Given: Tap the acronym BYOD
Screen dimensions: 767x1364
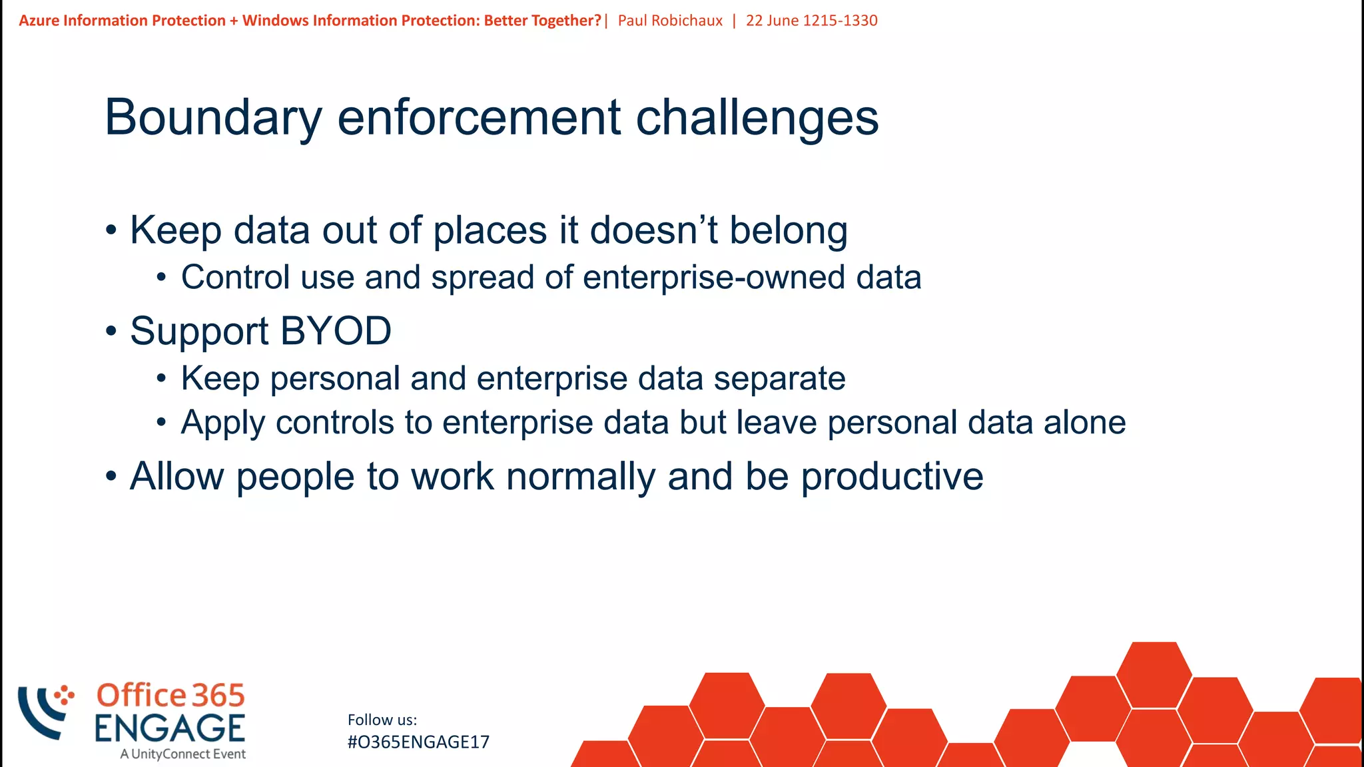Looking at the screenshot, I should pyautogui.click(x=336, y=331).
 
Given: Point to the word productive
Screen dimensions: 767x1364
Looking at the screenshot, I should pyautogui.click(x=892, y=477).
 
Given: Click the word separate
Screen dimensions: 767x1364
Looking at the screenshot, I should pyautogui.click(x=779, y=379).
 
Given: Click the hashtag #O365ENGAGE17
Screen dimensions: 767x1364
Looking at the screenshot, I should pyautogui.click(x=418, y=742).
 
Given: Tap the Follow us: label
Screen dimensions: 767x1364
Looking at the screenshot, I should pyautogui.click(x=382, y=720).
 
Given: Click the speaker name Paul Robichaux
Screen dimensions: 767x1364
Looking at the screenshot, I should pyautogui.click(x=670, y=21).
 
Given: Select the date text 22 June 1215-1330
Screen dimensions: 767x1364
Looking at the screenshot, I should pyautogui.click(x=811, y=21).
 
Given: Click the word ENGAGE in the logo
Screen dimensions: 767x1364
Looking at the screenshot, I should pyautogui.click(x=170, y=728).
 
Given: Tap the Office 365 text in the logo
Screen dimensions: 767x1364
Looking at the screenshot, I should pyautogui.click(x=170, y=695).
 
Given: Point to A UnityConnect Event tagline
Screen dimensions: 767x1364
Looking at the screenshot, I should pyautogui.click(x=183, y=754).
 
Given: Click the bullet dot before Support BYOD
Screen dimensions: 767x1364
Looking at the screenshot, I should pyautogui.click(x=111, y=332).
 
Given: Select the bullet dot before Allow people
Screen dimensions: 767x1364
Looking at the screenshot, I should pyautogui.click(x=111, y=477).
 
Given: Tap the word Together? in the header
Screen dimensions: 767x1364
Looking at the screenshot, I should pyautogui.click(x=566, y=21).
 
